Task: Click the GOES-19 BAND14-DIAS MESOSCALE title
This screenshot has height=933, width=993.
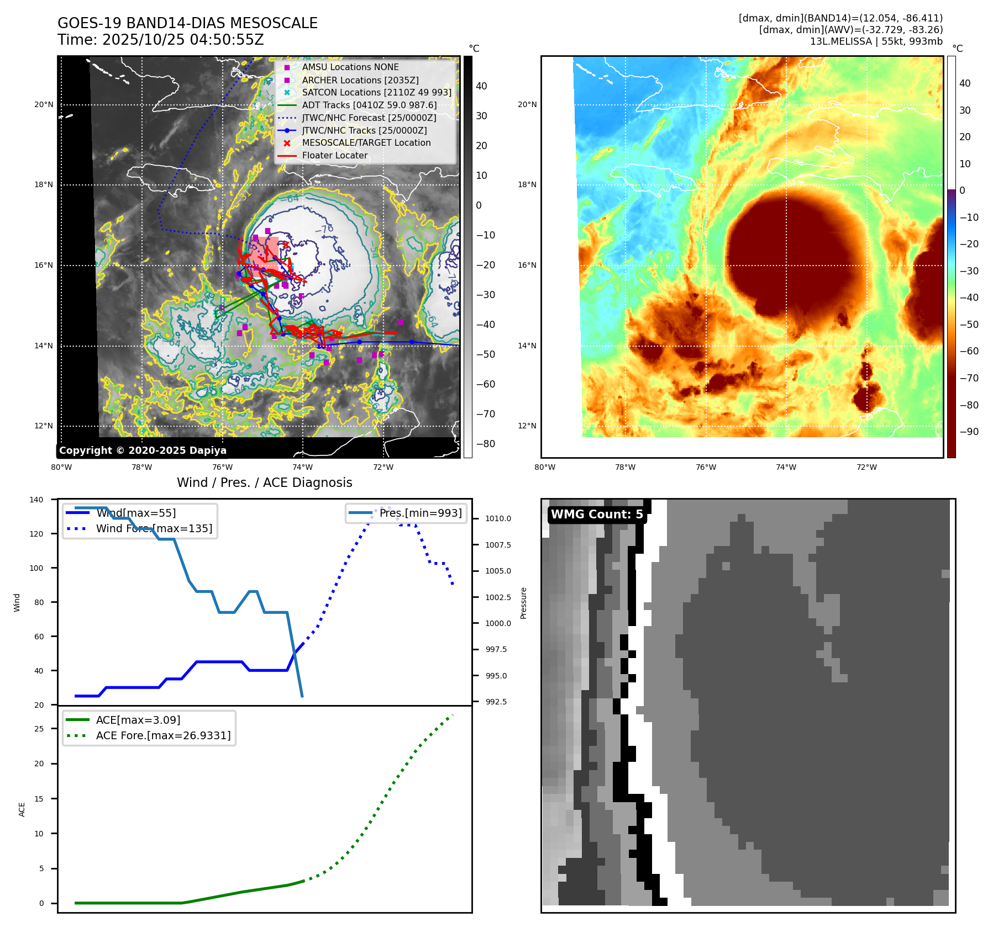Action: (187, 23)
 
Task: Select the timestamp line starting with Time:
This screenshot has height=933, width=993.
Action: (160, 40)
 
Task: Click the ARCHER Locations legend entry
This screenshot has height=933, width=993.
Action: (360, 80)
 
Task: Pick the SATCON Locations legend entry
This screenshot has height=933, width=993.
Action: (376, 92)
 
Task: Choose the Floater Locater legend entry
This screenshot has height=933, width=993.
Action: (334, 155)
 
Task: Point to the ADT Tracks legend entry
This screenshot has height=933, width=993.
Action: (369, 105)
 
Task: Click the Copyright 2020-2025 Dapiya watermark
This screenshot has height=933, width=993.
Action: (143, 450)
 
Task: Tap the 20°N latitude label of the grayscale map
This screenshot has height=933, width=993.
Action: (44, 104)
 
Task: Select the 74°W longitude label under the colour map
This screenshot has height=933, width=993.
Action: (786, 467)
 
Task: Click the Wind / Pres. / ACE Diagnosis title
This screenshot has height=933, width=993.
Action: (264, 483)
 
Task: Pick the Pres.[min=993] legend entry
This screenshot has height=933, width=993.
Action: (420, 513)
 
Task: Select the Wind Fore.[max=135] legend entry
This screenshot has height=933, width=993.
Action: (154, 528)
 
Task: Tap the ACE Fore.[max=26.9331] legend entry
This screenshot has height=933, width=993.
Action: (163, 735)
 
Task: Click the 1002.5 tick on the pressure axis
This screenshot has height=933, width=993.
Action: (498, 597)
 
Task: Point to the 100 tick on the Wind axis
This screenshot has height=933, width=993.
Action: (36, 568)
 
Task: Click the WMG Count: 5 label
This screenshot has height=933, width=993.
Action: (597, 515)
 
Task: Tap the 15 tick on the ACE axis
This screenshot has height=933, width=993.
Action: (39, 799)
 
